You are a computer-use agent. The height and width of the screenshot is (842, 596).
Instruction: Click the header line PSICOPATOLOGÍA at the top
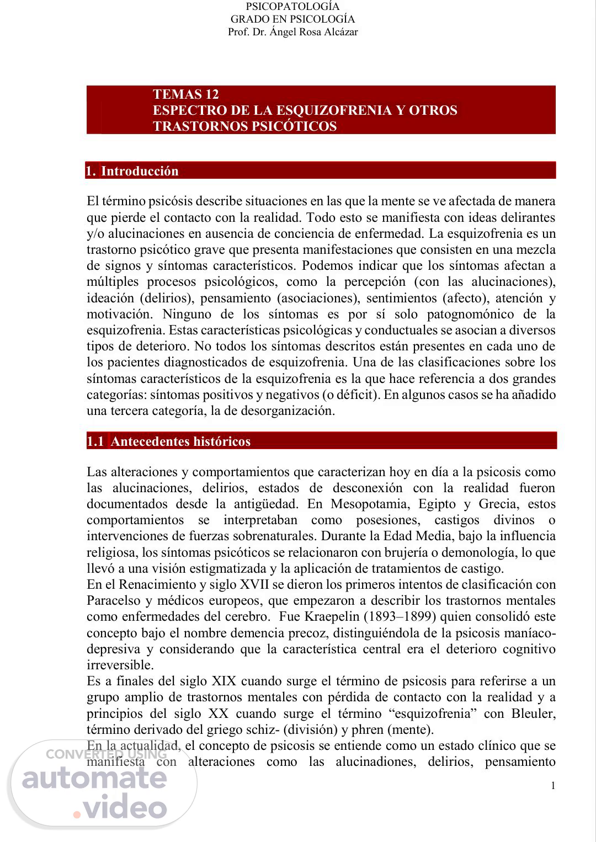[x=292, y=7]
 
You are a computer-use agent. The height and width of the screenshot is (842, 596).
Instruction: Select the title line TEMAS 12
[x=185, y=94]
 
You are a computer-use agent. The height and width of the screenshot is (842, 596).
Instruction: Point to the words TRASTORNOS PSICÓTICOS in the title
[x=244, y=126]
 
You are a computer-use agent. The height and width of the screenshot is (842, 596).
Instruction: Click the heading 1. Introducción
[x=133, y=171]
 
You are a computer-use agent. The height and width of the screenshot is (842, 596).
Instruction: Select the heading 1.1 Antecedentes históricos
[x=169, y=441]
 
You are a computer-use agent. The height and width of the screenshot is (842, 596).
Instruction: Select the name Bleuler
[x=533, y=714]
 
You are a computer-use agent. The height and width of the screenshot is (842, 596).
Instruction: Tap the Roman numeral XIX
[x=222, y=681]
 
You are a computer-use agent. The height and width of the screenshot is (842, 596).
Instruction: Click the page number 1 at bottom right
[x=552, y=786]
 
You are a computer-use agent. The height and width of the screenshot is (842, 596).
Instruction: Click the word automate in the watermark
[x=94, y=779]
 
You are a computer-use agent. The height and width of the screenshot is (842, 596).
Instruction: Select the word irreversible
[x=120, y=665]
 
